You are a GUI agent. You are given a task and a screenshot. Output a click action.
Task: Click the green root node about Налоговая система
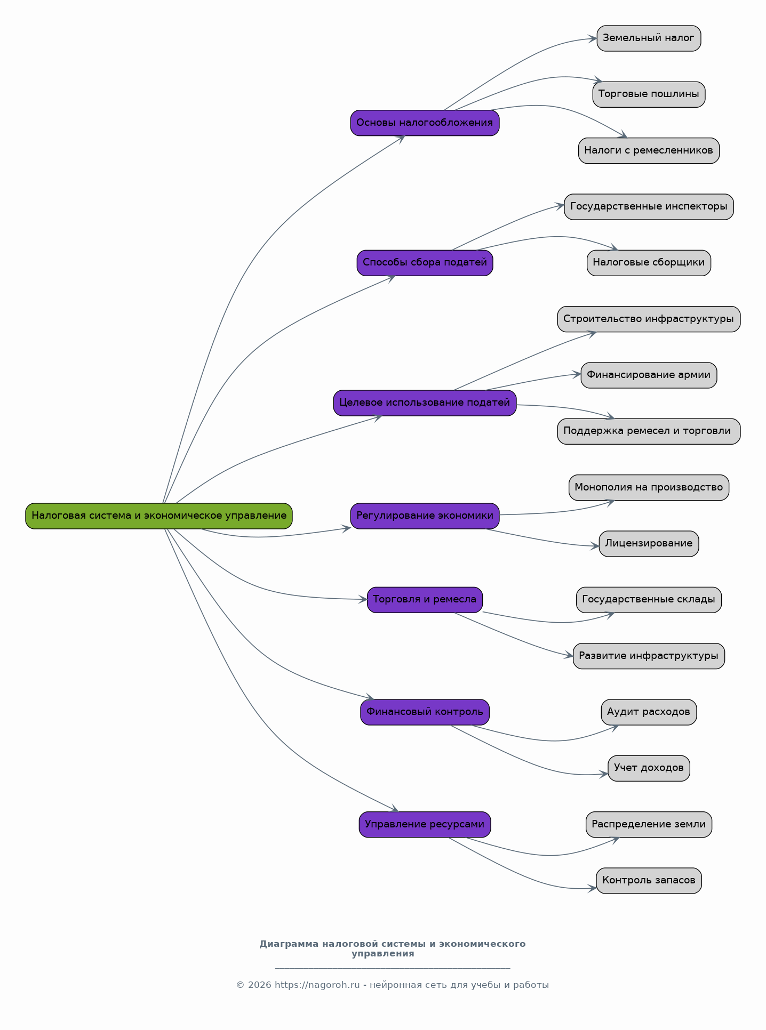click(x=159, y=516)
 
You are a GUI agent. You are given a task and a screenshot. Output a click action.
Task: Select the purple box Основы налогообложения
click(x=425, y=123)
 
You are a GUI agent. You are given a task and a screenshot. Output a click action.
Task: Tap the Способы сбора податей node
click(x=425, y=262)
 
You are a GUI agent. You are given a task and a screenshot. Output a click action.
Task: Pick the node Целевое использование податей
click(x=425, y=403)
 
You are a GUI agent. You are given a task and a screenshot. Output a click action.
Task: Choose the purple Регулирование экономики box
click(x=425, y=516)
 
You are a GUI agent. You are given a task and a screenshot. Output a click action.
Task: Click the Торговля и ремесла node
click(x=425, y=599)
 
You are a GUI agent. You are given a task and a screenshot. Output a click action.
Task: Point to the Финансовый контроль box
click(x=425, y=712)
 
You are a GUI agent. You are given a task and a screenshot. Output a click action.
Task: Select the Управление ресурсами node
click(x=425, y=824)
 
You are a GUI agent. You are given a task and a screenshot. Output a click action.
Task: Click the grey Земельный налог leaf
click(x=649, y=38)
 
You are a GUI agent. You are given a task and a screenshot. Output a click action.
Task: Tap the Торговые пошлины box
click(x=649, y=94)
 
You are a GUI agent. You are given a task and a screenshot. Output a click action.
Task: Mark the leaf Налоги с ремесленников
click(x=649, y=150)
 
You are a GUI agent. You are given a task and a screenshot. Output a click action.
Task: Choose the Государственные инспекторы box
click(x=649, y=206)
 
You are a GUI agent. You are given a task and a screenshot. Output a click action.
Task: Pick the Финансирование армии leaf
click(x=649, y=375)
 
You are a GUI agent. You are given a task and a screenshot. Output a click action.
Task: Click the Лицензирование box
click(x=649, y=543)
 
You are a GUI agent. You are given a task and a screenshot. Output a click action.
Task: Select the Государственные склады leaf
click(x=649, y=599)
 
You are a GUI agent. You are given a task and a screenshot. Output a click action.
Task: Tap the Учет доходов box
click(x=649, y=768)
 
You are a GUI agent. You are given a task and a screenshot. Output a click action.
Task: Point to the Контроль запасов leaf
click(x=649, y=880)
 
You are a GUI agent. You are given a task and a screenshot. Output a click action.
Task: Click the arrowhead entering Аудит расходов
click(x=615, y=727)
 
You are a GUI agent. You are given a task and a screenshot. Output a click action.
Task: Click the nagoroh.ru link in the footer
click(x=317, y=985)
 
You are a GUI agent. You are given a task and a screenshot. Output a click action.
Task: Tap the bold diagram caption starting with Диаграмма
click(x=392, y=948)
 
